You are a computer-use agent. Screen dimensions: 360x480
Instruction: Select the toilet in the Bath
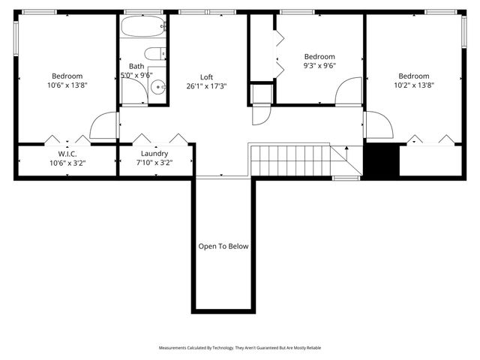[154, 53]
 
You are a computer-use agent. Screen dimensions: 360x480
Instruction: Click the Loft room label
[206, 77]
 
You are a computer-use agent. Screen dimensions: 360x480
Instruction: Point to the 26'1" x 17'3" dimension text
[206, 86]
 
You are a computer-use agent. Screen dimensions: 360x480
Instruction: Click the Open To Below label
[223, 246]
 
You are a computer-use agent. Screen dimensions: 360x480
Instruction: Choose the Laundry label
[154, 154]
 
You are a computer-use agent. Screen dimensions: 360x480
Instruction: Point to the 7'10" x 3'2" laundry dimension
[154, 163]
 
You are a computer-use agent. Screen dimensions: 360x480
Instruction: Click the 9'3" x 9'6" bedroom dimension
[319, 65]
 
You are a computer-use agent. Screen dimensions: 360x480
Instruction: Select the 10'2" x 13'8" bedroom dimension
[413, 85]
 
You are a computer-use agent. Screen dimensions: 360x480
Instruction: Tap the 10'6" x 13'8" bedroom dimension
[67, 85]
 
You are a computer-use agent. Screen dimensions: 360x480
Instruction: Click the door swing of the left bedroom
[104, 125]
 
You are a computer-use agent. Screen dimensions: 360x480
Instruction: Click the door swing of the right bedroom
[378, 124]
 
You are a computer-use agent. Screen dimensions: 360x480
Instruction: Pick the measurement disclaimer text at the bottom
[240, 348]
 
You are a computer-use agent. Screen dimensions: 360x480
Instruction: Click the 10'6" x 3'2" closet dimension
[67, 163]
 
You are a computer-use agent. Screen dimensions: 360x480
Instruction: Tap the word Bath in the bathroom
[136, 66]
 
